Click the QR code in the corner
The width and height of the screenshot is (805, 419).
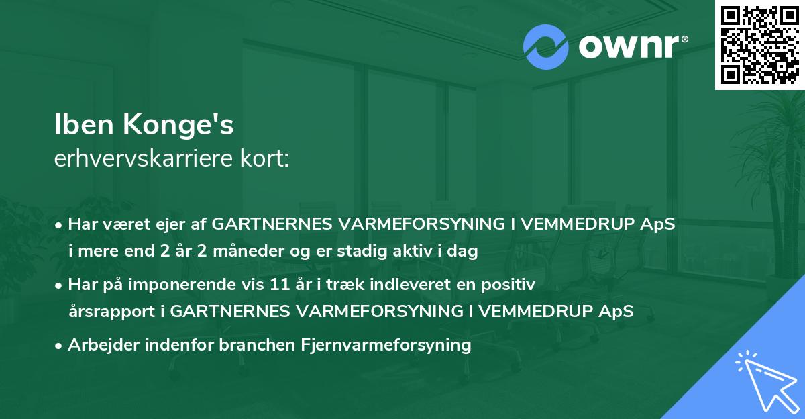tap(759, 44)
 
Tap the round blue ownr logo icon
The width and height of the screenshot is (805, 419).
tap(546, 47)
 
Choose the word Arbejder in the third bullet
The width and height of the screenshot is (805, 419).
tap(100, 345)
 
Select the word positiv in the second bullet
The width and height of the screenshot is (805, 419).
tap(512, 285)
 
